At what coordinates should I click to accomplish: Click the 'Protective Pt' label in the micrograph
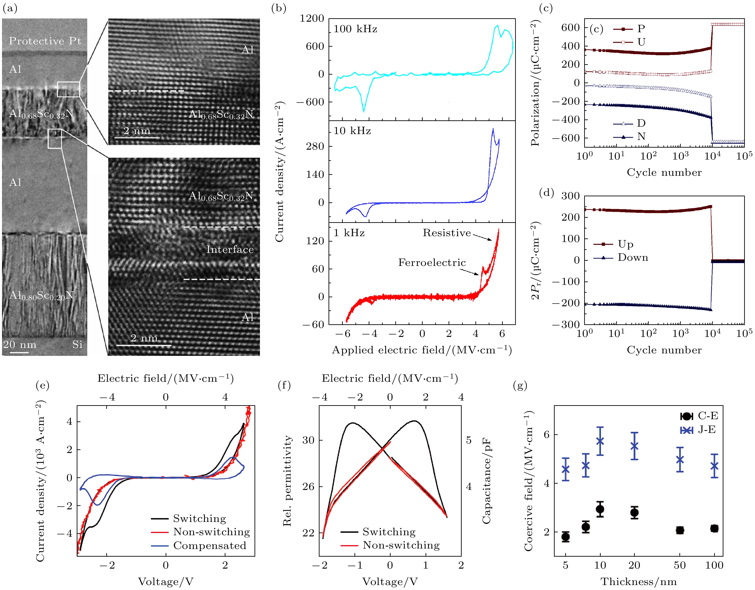click(x=45, y=41)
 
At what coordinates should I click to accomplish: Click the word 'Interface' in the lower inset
click(x=230, y=249)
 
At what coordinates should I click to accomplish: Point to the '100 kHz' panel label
click(x=355, y=29)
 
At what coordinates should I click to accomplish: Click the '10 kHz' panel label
click(x=352, y=131)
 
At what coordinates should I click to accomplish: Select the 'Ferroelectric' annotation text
click(x=432, y=263)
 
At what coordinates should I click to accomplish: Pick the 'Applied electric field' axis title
click(x=422, y=350)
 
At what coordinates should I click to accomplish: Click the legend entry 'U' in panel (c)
click(x=641, y=42)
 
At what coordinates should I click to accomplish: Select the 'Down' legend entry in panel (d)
click(x=633, y=258)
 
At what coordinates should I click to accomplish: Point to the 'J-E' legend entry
click(x=706, y=430)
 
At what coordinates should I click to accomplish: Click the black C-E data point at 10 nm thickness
click(x=600, y=509)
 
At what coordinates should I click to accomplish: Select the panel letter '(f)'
click(x=284, y=385)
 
